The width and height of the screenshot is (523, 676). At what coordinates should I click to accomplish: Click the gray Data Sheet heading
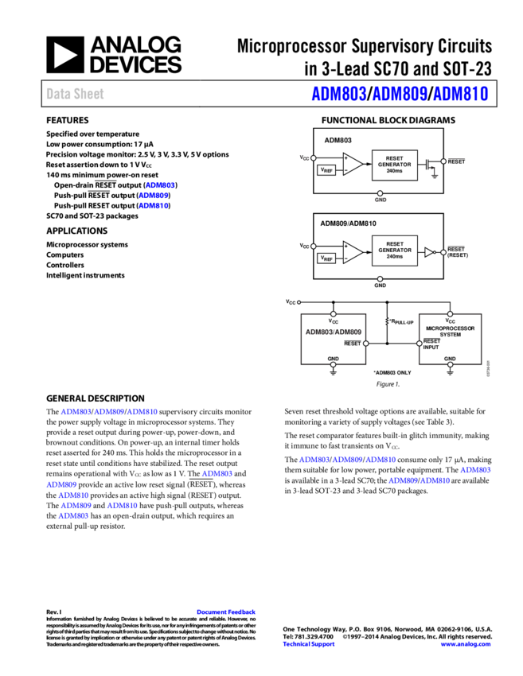tap(75, 94)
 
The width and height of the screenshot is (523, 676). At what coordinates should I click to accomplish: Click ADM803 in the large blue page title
tap(338, 94)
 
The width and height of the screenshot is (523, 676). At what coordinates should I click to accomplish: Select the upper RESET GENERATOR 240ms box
tap(394, 165)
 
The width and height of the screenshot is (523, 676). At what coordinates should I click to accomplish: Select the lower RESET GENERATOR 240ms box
tap(394, 251)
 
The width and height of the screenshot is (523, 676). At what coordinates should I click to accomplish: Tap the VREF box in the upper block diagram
tap(326, 170)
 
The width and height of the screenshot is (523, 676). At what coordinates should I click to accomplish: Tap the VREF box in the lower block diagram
tap(326, 258)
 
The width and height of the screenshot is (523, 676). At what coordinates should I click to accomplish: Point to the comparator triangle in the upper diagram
tap(352, 164)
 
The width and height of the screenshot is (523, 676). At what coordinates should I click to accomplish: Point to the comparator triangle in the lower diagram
tap(352, 251)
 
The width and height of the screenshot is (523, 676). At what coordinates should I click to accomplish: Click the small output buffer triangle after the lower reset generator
tap(429, 252)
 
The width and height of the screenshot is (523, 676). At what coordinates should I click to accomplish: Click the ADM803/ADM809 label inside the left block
tap(333, 331)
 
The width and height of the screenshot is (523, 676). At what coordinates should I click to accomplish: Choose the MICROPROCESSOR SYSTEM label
tap(450, 331)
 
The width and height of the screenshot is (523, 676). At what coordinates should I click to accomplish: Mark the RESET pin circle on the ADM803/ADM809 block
tap(366, 344)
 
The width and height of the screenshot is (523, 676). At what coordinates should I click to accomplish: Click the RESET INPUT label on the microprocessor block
tap(431, 344)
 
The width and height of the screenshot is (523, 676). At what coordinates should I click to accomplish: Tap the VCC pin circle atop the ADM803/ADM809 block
tap(333, 314)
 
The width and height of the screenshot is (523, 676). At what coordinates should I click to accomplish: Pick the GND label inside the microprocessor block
tap(450, 359)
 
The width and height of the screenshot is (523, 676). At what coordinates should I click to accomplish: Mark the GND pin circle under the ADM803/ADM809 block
tap(333, 365)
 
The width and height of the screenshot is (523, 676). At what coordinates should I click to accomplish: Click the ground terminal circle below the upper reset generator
tap(380, 193)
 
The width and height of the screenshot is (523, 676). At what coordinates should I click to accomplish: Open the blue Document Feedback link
tap(226, 612)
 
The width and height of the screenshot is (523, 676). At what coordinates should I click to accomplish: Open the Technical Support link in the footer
tap(309, 644)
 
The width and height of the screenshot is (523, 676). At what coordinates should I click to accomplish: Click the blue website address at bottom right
tap(466, 644)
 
